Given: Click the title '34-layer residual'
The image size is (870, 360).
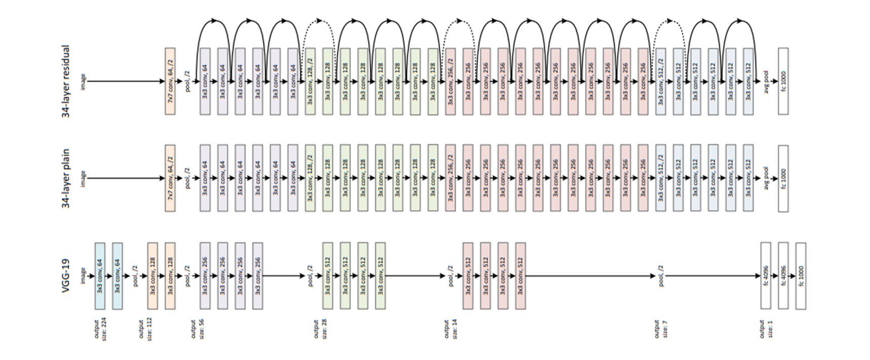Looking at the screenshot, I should click(x=66, y=82).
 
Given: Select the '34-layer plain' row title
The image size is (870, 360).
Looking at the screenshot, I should click(x=66, y=178).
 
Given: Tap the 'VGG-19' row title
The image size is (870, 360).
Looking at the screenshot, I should click(x=66, y=276).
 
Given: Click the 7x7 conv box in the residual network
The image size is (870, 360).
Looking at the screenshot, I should click(x=170, y=81).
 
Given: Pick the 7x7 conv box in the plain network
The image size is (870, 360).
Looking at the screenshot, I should click(x=170, y=178).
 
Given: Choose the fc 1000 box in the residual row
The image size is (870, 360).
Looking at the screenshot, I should click(x=783, y=81).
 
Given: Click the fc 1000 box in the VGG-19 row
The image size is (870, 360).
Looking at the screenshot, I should click(x=801, y=276).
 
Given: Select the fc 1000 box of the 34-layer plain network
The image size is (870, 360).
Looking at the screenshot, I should click(x=783, y=178).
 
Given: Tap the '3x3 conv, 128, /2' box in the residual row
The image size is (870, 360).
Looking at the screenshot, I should click(x=310, y=81).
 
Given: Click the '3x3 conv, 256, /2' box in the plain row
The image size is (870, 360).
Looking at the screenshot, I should click(x=450, y=178).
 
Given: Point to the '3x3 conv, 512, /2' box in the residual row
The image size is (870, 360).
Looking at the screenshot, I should click(x=660, y=81).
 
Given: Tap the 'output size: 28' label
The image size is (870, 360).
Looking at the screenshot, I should click(x=320, y=329).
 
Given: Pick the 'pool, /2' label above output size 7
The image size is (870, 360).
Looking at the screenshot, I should click(x=660, y=276).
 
